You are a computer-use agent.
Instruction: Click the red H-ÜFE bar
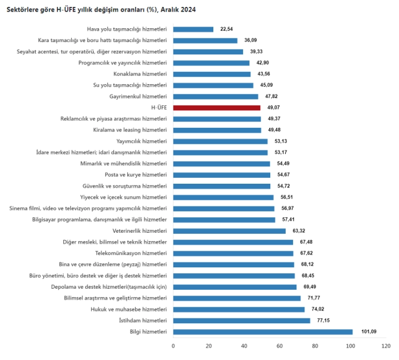point(217,108)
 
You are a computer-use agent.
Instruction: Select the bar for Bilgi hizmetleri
point(263,332)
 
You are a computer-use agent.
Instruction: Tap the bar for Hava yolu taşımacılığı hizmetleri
point(193,29)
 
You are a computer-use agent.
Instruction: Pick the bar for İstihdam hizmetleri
point(242,321)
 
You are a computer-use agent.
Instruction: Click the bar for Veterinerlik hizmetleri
point(229,231)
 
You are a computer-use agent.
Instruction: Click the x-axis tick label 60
point(279,346)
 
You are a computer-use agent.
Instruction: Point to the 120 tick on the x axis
point(386,346)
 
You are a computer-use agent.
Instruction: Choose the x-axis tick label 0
point(173,346)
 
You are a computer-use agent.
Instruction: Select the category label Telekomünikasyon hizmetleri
point(131,253)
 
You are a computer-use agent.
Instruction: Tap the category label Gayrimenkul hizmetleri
point(138,96)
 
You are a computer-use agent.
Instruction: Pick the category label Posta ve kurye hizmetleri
point(136,175)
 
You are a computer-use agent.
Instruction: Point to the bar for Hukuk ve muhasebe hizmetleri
point(239,309)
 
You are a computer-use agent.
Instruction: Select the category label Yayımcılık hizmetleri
point(142,141)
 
